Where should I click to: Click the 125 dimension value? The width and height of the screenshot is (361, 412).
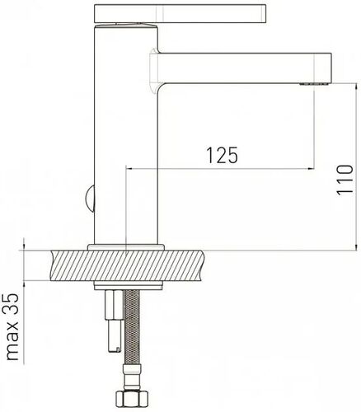[222, 155]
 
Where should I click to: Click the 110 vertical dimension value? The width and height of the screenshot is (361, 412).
[345, 180]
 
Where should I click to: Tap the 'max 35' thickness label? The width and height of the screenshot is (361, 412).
[12, 326]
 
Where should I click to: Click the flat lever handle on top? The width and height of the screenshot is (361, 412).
[180, 13]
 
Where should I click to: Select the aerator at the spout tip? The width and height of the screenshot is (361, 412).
[314, 84]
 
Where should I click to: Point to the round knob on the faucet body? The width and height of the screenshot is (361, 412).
[90, 199]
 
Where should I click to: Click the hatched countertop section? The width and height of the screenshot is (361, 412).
[128, 265]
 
